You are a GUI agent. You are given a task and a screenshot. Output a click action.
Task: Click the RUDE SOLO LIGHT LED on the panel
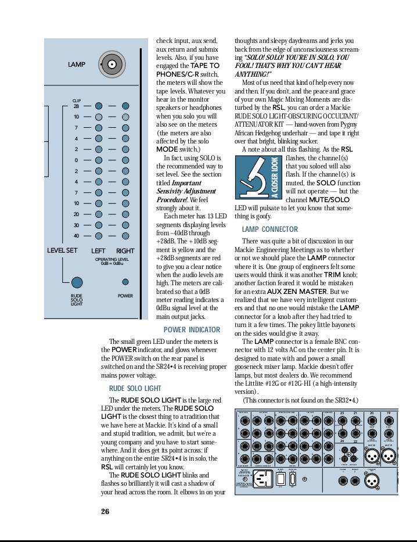77,282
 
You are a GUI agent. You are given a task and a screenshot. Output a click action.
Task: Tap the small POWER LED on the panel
125,282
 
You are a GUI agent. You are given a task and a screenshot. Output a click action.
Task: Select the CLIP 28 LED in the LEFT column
99,106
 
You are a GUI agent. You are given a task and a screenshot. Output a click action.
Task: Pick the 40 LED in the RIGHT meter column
125,236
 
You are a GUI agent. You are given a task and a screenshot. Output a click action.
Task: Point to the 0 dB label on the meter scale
76,160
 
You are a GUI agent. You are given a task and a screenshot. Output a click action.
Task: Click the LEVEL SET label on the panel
62,251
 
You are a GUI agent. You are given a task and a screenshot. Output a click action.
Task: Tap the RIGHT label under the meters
125,251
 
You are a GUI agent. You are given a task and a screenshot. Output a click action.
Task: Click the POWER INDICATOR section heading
192,330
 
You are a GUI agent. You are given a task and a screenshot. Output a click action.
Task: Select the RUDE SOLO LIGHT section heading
135,388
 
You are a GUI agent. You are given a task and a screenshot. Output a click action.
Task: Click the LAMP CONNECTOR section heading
269,229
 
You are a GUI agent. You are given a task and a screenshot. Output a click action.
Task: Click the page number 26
105,511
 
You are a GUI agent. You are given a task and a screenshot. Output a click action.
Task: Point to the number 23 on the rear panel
342,414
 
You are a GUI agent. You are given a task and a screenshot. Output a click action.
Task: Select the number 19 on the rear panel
389,414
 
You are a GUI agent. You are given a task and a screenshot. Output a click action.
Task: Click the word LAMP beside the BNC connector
76,64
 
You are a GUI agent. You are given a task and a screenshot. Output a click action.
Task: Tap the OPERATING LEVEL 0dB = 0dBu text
112,261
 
